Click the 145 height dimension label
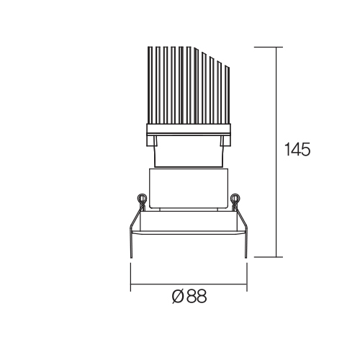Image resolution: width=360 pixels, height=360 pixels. pos(297,149)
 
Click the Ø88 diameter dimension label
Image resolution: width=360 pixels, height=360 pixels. pos(189,296)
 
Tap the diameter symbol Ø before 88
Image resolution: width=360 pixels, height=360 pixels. pos(178,297)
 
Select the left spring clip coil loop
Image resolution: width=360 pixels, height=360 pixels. pos(141,198)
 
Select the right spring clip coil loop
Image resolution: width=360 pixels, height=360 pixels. pos(235,198)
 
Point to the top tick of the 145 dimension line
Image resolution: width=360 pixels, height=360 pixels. pos(269,47)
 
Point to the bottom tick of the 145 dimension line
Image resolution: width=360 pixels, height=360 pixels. pos(269,257)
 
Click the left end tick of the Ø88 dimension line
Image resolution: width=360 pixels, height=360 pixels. pos(130,277)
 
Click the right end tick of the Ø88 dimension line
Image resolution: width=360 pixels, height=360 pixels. pos(247,277)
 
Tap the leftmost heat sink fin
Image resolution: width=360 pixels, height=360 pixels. pos(150,85)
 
